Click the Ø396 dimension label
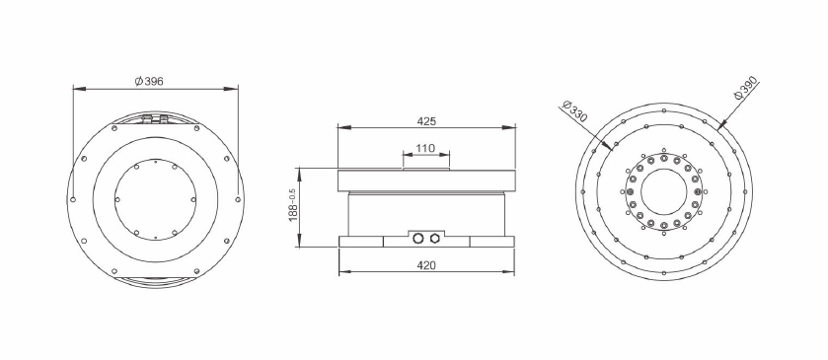(149, 81)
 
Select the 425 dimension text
(426, 121)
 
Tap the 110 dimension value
(425, 148)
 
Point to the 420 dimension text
(426, 265)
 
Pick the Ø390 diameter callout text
(746, 88)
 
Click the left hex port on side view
(418, 238)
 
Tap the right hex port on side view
(434, 238)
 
